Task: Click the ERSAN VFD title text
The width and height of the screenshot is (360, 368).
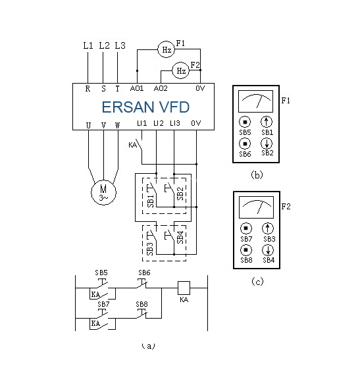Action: pyautogui.click(x=145, y=107)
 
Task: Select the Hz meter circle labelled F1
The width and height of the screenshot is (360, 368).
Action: pyautogui.click(x=166, y=49)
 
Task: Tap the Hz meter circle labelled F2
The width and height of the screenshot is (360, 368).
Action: pyautogui.click(x=181, y=70)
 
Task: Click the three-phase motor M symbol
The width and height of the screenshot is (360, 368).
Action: pyautogui.click(x=103, y=192)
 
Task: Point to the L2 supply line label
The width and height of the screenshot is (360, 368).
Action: pyautogui.click(x=104, y=45)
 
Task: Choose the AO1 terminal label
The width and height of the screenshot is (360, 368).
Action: pyautogui.click(x=137, y=88)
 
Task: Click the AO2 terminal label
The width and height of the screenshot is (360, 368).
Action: pyautogui.click(x=161, y=88)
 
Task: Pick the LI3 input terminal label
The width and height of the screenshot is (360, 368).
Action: pyautogui.click(x=175, y=123)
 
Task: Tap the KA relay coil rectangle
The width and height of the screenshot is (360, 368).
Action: pyautogui.click(x=184, y=288)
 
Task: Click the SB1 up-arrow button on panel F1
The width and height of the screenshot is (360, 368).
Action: pyautogui.click(x=267, y=122)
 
